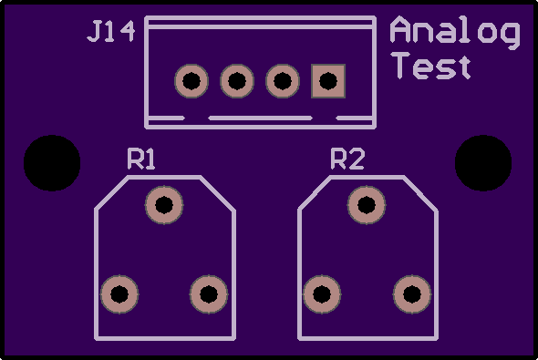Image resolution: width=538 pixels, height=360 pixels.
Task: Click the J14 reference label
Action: click(111, 32)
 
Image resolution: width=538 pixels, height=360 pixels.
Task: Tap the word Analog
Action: click(455, 33)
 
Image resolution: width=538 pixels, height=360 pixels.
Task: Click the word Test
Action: click(431, 66)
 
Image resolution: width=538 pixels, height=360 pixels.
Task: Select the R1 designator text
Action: click(141, 159)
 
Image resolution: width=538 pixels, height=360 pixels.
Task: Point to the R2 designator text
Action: click(347, 159)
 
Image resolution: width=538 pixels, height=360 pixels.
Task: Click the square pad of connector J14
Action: click(328, 81)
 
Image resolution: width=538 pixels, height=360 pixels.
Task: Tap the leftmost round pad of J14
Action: click(191, 81)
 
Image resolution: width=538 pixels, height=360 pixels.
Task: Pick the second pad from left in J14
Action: click(237, 81)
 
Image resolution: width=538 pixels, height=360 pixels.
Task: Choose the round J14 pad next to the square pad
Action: click(283, 81)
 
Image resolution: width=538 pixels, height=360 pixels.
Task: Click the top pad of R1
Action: click(164, 205)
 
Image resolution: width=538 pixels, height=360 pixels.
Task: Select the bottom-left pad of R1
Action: click(119, 294)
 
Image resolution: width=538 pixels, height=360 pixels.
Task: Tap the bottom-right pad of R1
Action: click(209, 294)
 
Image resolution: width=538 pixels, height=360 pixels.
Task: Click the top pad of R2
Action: click(367, 205)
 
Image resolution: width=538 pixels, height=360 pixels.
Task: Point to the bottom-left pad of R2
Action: click(322, 294)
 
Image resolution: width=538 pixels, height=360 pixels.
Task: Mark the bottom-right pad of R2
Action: click(412, 294)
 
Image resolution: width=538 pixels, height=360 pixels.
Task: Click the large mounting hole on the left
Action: click(52, 163)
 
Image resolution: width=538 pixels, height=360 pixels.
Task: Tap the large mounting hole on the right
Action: click(483, 163)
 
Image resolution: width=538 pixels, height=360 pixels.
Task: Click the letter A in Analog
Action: click(400, 29)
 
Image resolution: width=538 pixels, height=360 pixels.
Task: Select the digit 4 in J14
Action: click(128, 32)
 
